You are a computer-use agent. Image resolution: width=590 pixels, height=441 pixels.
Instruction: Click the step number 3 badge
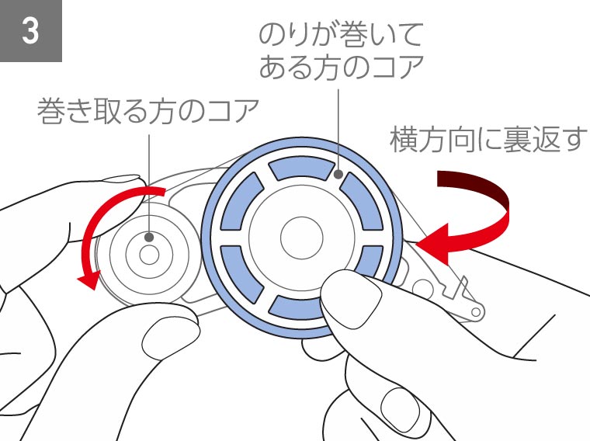31,31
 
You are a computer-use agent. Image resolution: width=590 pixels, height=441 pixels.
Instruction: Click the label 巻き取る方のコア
147,111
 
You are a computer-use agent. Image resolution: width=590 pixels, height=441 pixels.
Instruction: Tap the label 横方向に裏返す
488,140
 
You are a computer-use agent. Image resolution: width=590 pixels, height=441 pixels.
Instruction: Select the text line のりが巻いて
341,35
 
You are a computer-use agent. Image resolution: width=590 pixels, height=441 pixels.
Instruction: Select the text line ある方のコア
342,67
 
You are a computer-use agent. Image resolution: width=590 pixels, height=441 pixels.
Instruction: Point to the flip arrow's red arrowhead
432,244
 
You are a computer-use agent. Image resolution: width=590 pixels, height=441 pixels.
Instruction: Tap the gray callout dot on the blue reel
338,174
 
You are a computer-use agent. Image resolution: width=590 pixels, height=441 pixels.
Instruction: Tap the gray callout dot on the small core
149,237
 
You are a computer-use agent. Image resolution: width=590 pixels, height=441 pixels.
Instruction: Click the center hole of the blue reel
302,238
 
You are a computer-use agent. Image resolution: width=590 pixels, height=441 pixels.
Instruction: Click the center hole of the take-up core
149,255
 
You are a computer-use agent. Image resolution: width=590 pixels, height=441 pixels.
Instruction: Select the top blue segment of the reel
301,168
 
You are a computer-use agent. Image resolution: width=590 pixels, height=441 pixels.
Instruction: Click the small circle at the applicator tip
476,312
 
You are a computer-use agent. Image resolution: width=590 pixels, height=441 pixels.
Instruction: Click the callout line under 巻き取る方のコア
149,184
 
